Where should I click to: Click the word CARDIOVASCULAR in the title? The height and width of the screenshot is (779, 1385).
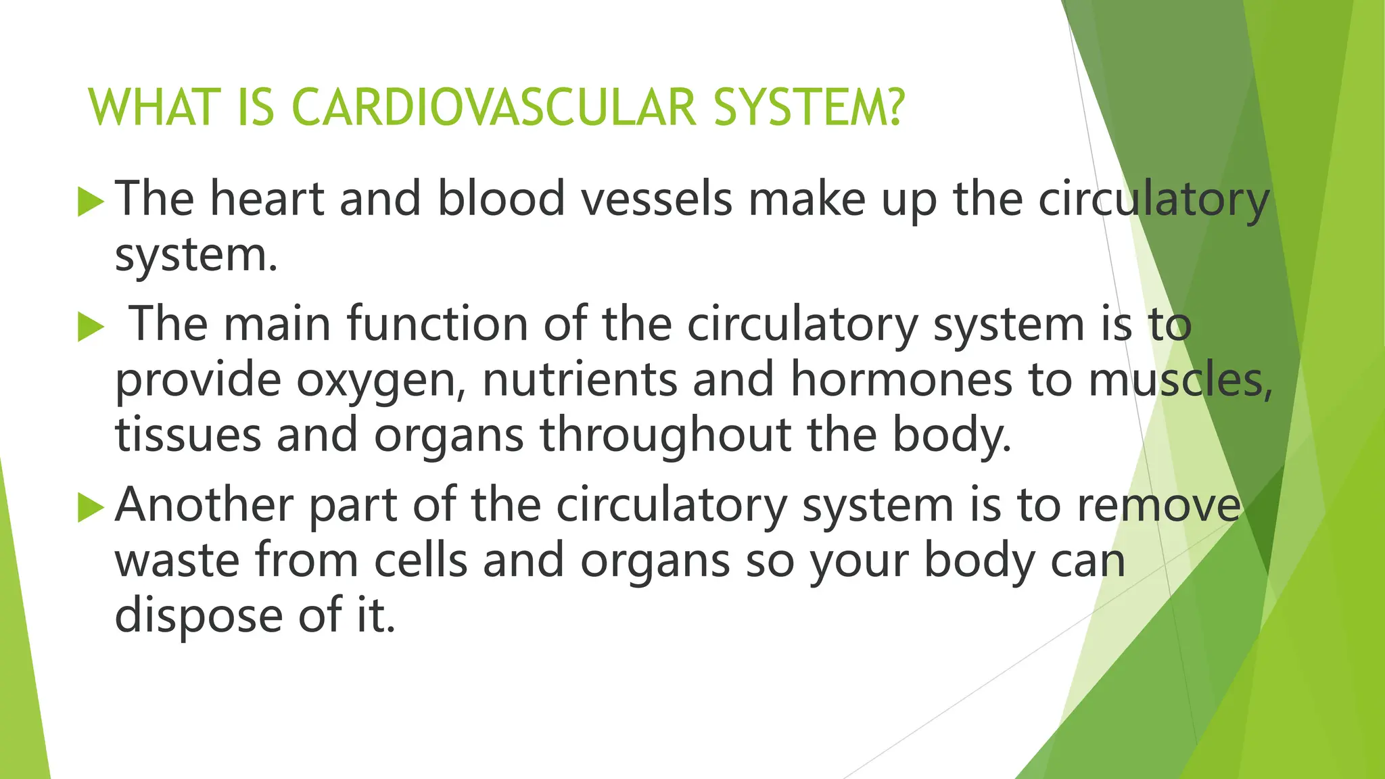pos(494,108)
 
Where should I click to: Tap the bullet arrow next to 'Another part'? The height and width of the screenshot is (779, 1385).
pos(91,508)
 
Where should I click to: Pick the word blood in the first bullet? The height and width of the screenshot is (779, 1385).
pos(500,199)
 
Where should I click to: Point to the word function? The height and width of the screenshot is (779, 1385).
pos(437,325)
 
